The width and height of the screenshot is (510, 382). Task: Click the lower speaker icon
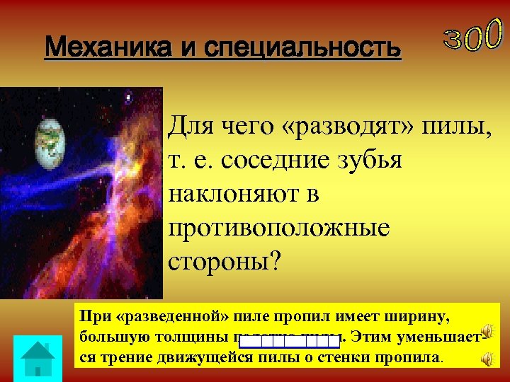point(487,359)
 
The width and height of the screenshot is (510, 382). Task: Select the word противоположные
point(279,227)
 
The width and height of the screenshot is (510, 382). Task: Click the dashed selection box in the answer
point(289,342)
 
